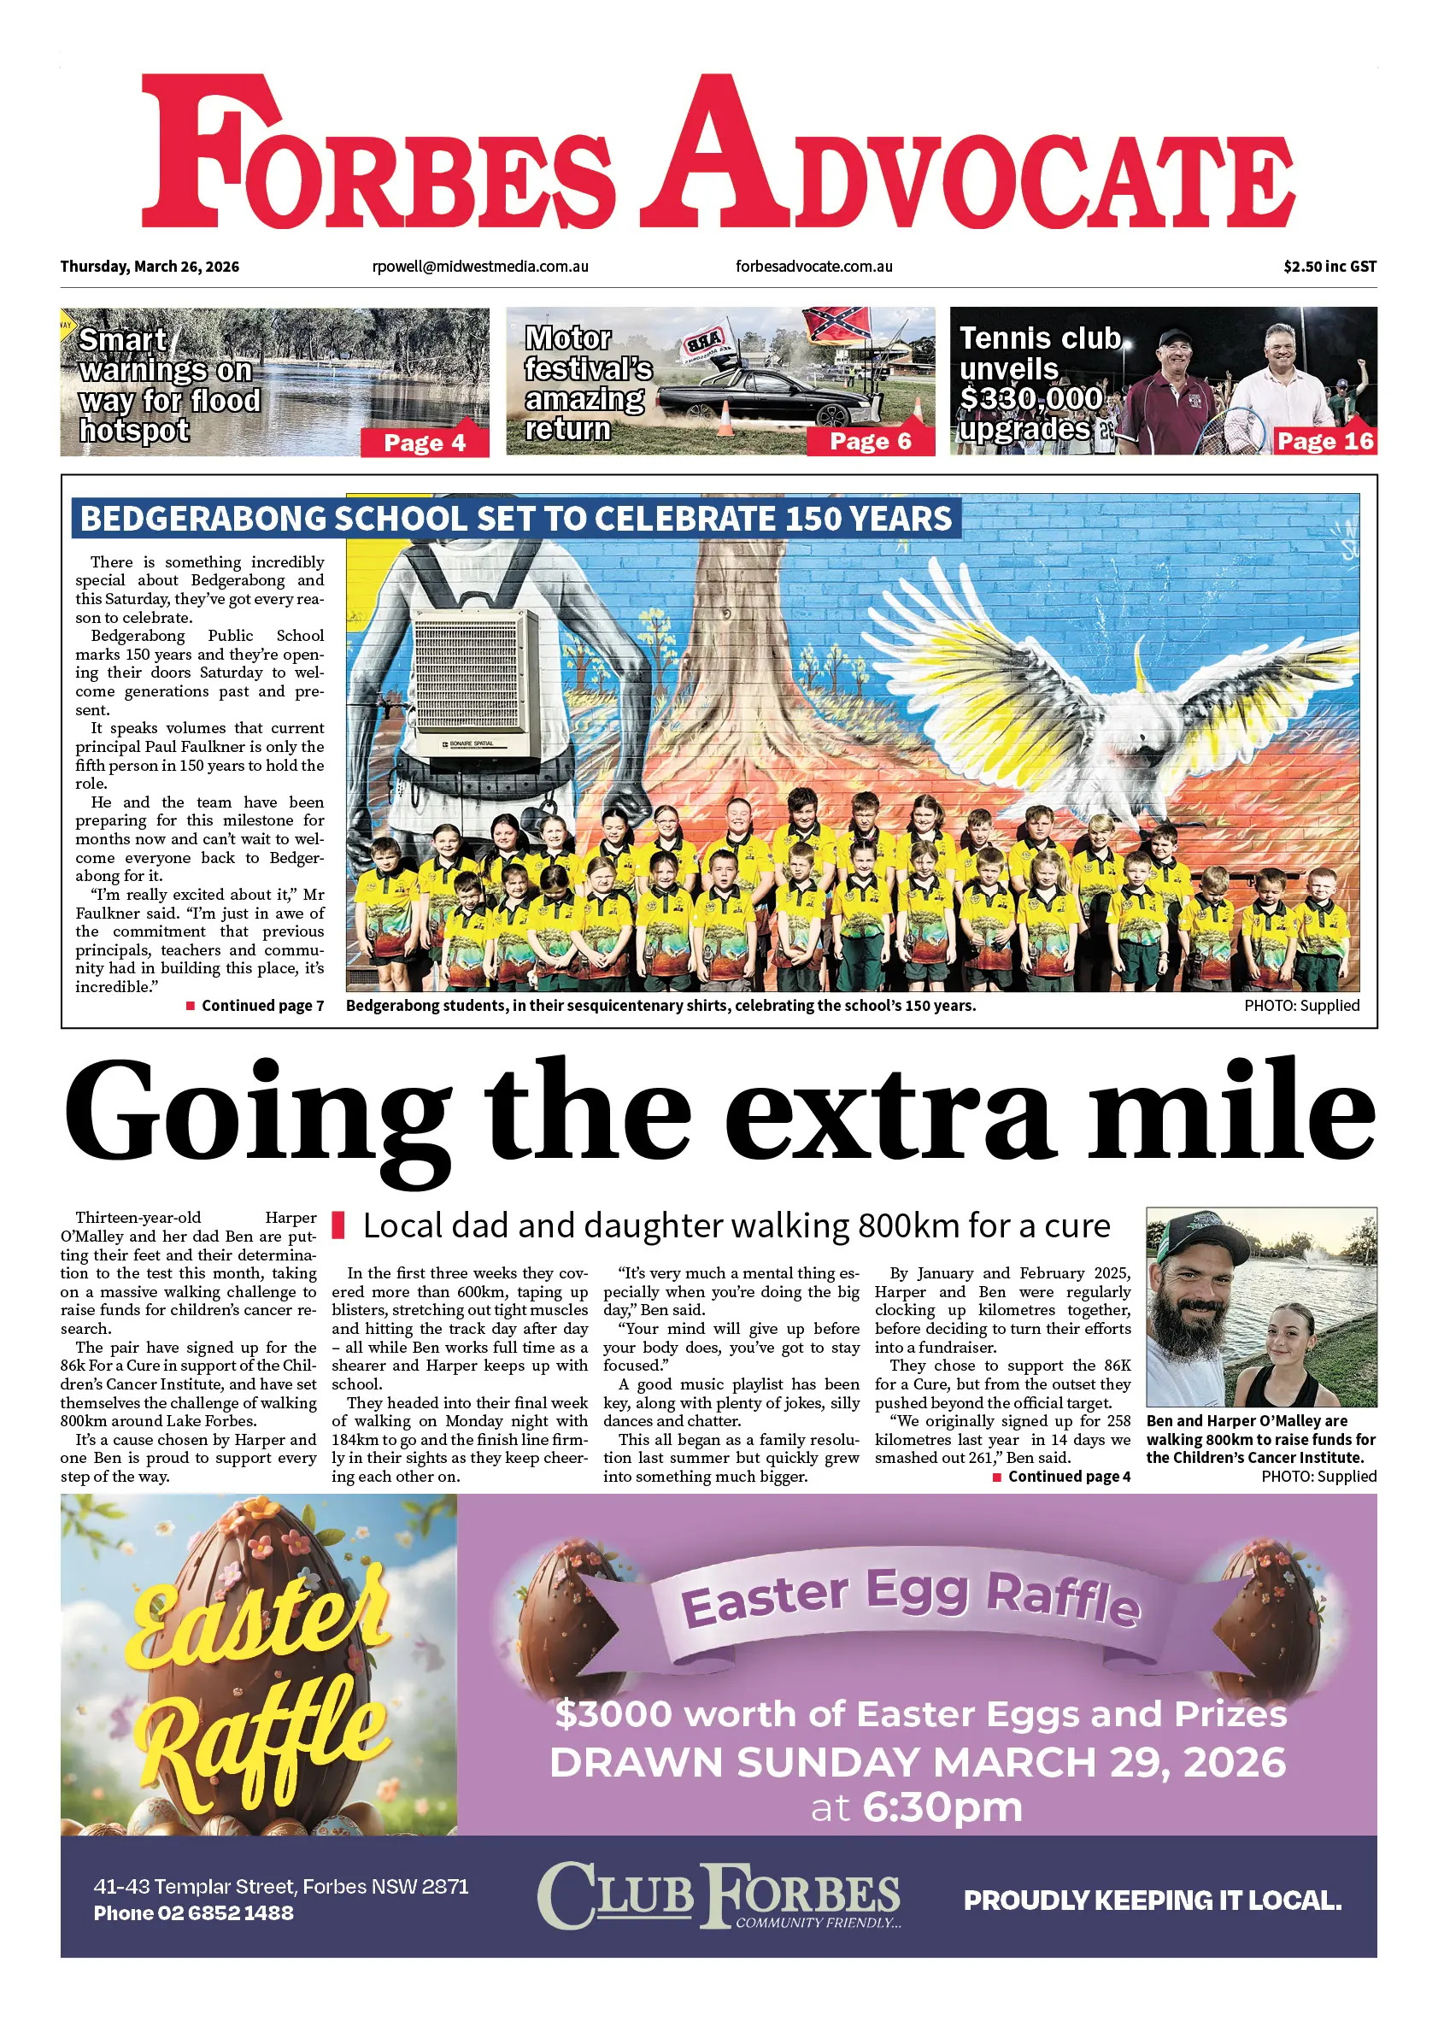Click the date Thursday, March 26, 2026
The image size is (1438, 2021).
tap(150, 267)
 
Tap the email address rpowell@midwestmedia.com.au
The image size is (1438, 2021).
tap(480, 267)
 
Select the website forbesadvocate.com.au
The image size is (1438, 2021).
tap(813, 267)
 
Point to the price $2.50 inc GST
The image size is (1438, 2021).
tap(1329, 267)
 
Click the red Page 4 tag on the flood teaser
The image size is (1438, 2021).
tap(424, 443)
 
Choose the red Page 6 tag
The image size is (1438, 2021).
tap(870, 441)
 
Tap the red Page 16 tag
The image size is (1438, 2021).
tap(1324, 441)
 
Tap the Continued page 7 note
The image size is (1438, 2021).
tap(262, 1005)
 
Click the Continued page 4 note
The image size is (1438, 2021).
tap(1068, 1477)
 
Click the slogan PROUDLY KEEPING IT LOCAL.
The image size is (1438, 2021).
tap(1152, 1901)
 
